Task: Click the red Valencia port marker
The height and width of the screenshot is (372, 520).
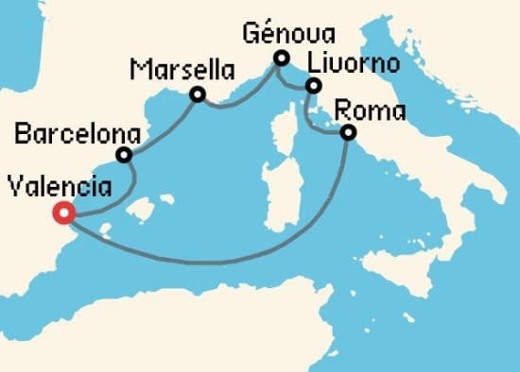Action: click(63, 213)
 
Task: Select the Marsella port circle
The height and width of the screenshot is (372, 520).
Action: click(198, 94)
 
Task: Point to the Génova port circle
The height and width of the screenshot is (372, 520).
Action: click(281, 59)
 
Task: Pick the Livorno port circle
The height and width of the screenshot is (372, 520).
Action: click(312, 87)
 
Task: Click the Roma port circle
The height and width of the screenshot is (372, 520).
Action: click(348, 133)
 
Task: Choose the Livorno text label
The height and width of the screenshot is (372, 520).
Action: click(355, 62)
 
